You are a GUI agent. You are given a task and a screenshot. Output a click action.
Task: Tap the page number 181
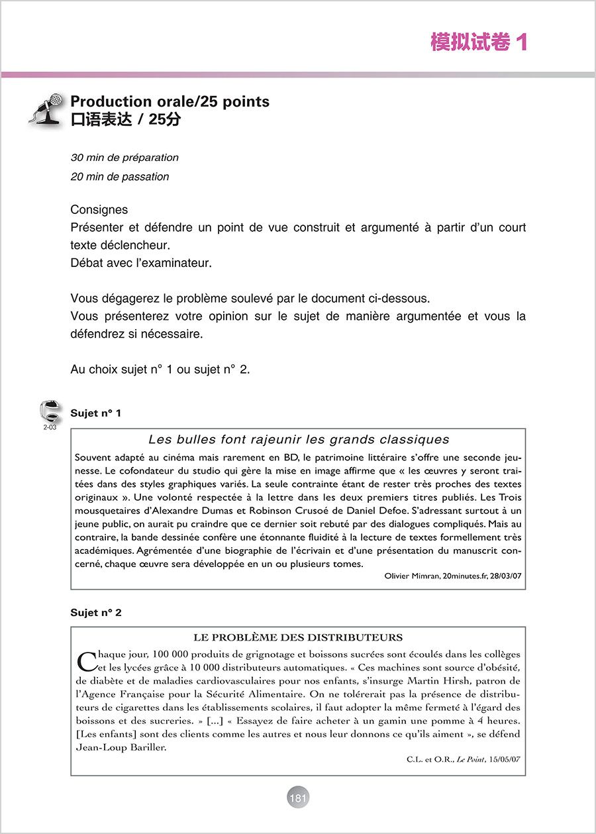[x=298, y=798]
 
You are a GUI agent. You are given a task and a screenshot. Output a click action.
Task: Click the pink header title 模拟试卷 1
[x=478, y=43]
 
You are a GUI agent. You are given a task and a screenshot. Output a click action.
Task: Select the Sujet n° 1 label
[x=96, y=413]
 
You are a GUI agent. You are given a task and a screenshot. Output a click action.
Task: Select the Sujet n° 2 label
[x=96, y=613]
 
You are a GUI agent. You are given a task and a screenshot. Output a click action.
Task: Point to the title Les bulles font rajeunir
[x=299, y=440]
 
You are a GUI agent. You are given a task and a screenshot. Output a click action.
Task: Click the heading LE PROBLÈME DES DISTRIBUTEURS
[x=298, y=638]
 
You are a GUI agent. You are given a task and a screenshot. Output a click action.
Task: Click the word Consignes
[x=99, y=210]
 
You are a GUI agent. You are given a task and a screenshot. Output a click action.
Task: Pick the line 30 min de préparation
[x=124, y=158]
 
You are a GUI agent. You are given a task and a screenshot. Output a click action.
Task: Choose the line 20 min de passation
[x=120, y=177]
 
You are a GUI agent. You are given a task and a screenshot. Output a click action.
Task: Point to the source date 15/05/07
[x=505, y=759]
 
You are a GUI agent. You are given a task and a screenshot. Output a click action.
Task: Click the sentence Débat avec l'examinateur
[x=141, y=262]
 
